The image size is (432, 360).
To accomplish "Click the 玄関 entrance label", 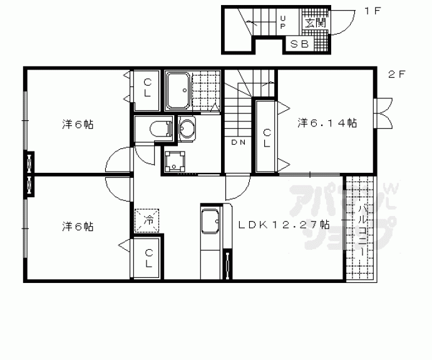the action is [315, 23].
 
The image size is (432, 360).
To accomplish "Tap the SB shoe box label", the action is [300, 44].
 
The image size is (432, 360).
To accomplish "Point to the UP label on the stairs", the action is [283, 23].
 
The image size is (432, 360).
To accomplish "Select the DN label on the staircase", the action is [239, 142].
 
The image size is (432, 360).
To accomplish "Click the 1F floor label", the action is [373, 11].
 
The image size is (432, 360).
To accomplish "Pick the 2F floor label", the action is [397, 74].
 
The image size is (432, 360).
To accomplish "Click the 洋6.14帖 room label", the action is [327, 123].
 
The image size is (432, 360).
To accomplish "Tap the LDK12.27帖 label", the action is [284, 225].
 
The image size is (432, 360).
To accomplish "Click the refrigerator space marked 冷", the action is [147, 220].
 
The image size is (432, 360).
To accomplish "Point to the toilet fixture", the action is [161, 128].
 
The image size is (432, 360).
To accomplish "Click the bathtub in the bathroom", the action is [178, 91].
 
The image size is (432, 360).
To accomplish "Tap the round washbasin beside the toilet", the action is [187, 128].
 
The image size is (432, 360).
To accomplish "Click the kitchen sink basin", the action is [210, 221].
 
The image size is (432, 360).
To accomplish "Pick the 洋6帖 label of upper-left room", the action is [78, 125].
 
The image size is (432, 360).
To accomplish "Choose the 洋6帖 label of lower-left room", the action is [78, 227].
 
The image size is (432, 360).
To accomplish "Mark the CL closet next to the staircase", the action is [267, 138].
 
